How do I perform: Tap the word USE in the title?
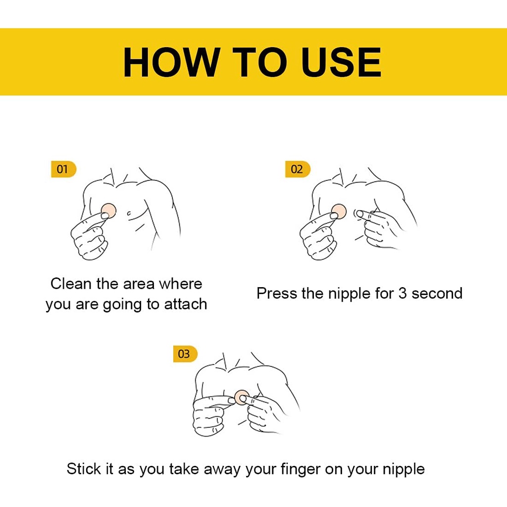pyautogui.click(x=341, y=62)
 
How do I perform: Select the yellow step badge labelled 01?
pyautogui.click(x=64, y=169)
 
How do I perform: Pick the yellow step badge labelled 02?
pyautogui.click(x=298, y=169)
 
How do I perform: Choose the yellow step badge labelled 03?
pyautogui.click(x=185, y=354)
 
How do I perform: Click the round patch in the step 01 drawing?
pyautogui.click(x=108, y=211)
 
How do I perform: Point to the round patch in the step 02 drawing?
pyautogui.click(x=339, y=212)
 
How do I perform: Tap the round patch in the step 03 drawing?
pyautogui.click(x=242, y=398)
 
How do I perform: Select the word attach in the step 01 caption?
pyautogui.click(x=186, y=304)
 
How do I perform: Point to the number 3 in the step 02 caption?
pyautogui.click(x=402, y=293)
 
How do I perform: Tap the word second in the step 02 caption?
pyautogui.click(x=437, y=293)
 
